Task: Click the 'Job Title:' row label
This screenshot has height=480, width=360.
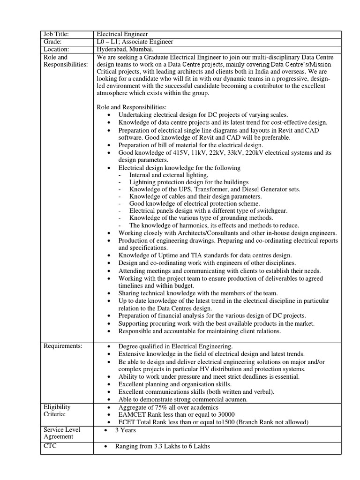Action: [x=56, y=34]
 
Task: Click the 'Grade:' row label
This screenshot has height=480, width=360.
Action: [x=53, y=42]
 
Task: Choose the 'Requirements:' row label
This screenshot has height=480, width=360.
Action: [x=63, y=346]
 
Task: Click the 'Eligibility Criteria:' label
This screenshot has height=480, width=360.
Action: [x=57, y=411]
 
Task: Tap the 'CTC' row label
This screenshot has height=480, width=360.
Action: [x=50, y=446]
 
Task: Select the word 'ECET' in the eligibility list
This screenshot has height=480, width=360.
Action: [x=128, y=422]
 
